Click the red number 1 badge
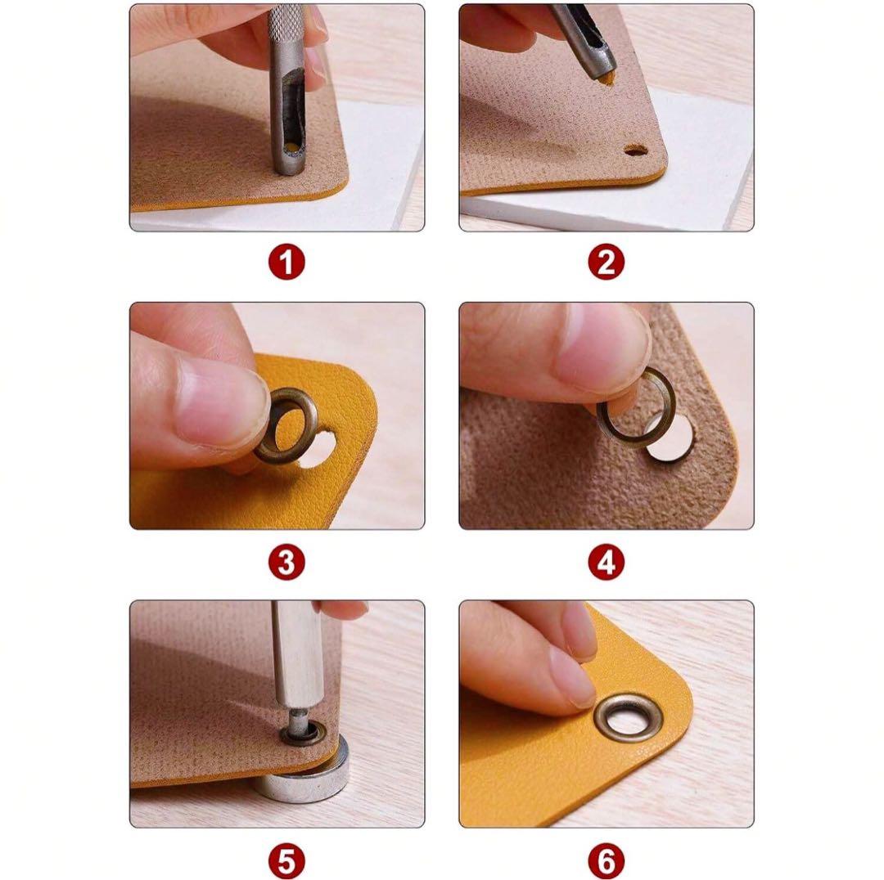pos(286,263)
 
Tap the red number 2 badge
pos(606,263)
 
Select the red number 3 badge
pos(286,562)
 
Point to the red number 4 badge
pos(606,562)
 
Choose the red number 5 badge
pos(286,861)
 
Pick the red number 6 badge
pos(606,861)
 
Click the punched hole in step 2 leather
pos(635,151)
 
